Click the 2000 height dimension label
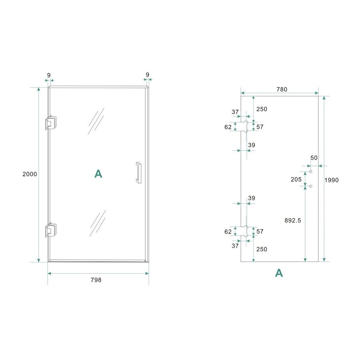pos(30,174)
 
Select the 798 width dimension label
pos(96,280)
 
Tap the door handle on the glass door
pos(138,172)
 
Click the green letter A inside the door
pos(98,174)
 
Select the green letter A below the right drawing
pos(279,273)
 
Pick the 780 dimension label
pos(282,90)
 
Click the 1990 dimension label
pos(332,180)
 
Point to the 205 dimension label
pos(296,179)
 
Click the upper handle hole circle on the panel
pos(310,172)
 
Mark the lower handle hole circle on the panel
pos(310,186)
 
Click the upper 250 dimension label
pos(262,109)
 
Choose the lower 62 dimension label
pos(228,231)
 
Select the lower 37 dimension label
pos(235,246)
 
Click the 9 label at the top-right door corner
pos(148,75)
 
